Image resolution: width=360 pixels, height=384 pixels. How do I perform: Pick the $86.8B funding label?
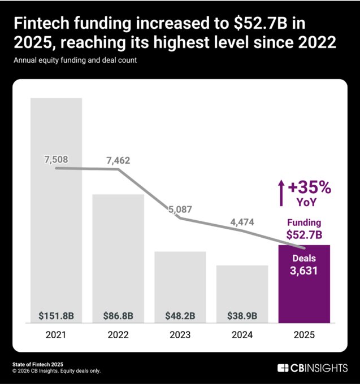[118, 315]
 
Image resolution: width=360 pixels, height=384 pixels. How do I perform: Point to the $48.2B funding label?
[180, 315]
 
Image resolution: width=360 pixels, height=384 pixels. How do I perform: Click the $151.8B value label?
[56, 315]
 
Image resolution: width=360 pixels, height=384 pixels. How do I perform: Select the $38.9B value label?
[242, 315]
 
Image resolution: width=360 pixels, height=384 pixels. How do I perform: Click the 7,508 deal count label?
[56, 159]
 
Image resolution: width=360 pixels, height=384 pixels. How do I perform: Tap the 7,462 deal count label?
[118, 160]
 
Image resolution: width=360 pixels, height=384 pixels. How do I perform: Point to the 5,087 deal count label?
[180, 209]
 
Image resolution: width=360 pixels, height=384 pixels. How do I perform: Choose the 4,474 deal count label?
[242, 222]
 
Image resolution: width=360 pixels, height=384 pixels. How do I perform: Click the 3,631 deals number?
[305, 270]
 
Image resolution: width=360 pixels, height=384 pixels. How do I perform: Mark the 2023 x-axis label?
[180, 335]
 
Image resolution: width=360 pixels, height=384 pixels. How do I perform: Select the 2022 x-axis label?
[118, 335]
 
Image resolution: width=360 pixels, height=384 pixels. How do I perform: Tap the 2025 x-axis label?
[305, 335]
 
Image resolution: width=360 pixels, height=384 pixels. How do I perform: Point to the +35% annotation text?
[310, 187]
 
